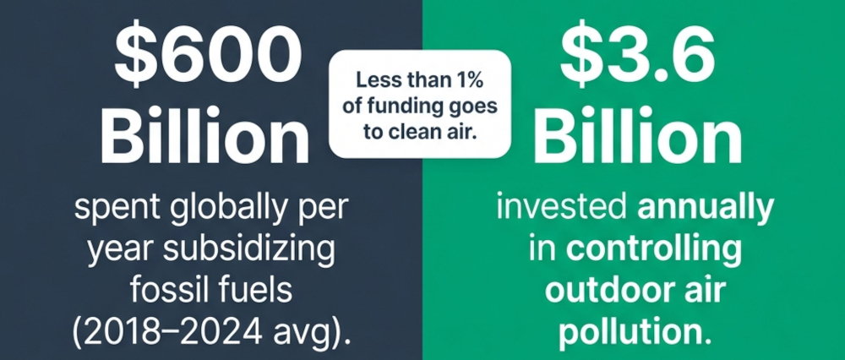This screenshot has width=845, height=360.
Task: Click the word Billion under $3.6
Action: (634, 136)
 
